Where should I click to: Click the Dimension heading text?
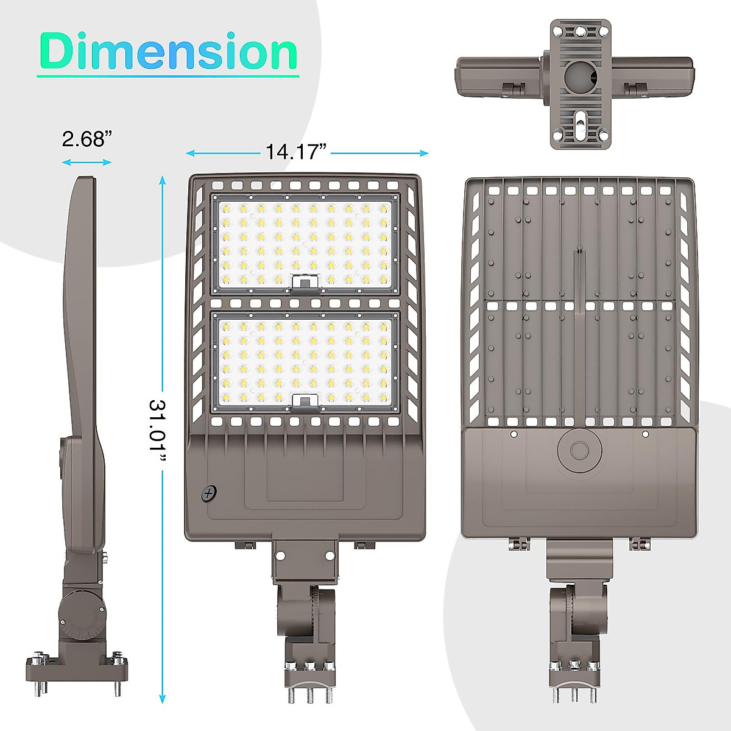pyautogui.click(x=168, y=52)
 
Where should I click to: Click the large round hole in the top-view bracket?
pyautogui.click(x=579, y=76)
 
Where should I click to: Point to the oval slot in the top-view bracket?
pyautogui.click(x=580, y=119)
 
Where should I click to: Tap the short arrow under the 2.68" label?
pyautogui.click(x=87, y=162)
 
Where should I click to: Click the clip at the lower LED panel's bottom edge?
pyautogui.click(x=305, y=400)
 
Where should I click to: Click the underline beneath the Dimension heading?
pyautogui.click(x=168, y=76)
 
